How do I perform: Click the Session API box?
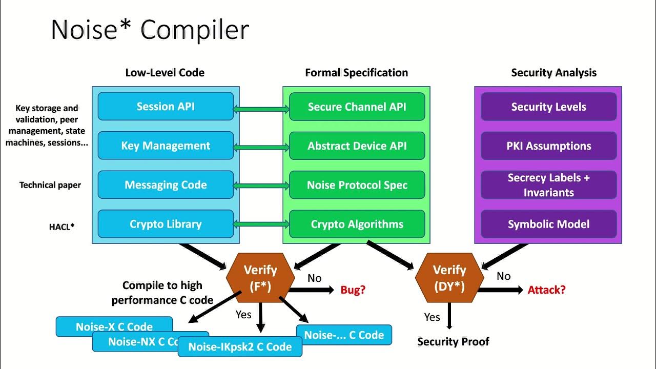(166, 107)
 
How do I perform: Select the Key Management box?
(166, 146)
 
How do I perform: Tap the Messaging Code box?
(166, 185)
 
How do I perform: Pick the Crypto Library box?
(166, 224)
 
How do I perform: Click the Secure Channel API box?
(357, 107)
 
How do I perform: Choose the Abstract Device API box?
(357, 146)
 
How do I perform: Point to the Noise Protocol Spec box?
(357, 185)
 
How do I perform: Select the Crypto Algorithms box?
(357, 224)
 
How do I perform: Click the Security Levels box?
(548, 107)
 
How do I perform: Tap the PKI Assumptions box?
(548, 146)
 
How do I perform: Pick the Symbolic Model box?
(548, 224)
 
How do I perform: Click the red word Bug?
(353, 290)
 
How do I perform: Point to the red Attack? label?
(546, 290)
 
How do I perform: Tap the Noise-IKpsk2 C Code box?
(240, 347)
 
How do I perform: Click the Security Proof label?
(453, 342)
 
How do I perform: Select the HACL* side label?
(62, 225)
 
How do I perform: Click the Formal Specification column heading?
(356, 73)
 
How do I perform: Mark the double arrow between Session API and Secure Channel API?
(261, 109)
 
